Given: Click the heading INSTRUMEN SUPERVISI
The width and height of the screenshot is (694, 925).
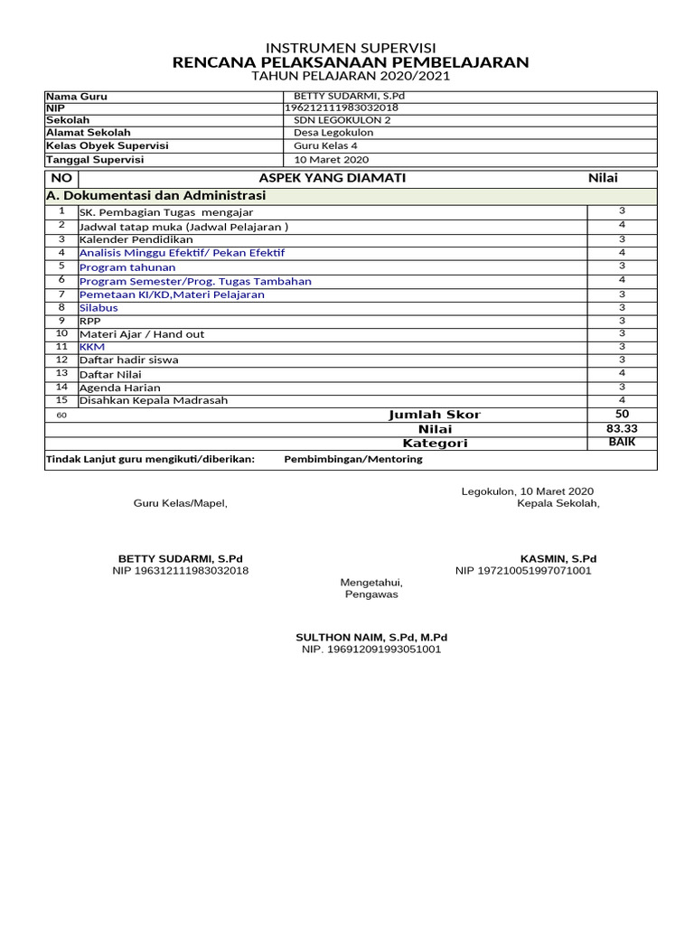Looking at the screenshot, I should click(x=350, y=47).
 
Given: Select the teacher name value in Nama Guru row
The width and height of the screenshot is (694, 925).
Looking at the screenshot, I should click(x=344, y=96).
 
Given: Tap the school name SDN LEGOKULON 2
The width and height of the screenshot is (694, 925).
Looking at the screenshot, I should click(x=342, y=119).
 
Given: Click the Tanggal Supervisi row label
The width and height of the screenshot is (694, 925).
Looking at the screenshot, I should click(x=95, y=159).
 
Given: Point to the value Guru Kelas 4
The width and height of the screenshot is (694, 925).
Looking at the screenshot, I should click(x=325, y=145).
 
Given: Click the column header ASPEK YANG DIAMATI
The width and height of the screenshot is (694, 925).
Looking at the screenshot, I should click(x=333, y=178).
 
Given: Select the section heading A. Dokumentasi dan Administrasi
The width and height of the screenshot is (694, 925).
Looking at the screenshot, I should click(x=155, y=196).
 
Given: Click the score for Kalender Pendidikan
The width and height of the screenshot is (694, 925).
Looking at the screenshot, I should click(x=622, y=239).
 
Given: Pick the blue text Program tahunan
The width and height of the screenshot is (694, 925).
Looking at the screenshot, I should click(x=127, y=267).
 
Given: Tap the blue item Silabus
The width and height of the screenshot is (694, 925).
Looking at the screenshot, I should click(x=98, y=307).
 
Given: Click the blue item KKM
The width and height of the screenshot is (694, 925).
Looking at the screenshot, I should click(x=92, y=347).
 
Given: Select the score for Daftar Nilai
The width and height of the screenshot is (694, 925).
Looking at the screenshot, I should click(x=622, y=373).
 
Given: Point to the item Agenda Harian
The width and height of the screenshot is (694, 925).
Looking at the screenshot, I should click(x=120, y=388).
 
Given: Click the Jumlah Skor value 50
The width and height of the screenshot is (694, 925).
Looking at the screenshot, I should click(x=622, y=414).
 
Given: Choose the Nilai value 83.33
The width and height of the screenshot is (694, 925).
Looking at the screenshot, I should click(x=622, y=428).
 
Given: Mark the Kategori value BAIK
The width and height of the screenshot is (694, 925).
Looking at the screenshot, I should click(x=622, y=443).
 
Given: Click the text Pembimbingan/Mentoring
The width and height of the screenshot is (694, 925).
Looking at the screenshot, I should click(x=353, y=459).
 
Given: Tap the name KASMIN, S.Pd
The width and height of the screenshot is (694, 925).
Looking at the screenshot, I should click(x=558, y=559).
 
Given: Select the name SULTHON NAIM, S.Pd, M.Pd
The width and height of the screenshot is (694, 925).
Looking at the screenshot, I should click(x=371, y=637).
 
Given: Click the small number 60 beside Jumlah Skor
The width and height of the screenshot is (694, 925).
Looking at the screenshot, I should click(x=61, y=416).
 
